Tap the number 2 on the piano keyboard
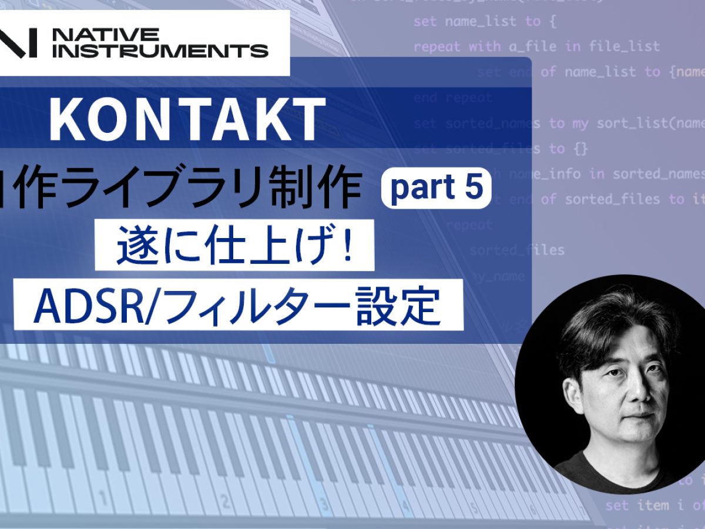coord(223,501)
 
